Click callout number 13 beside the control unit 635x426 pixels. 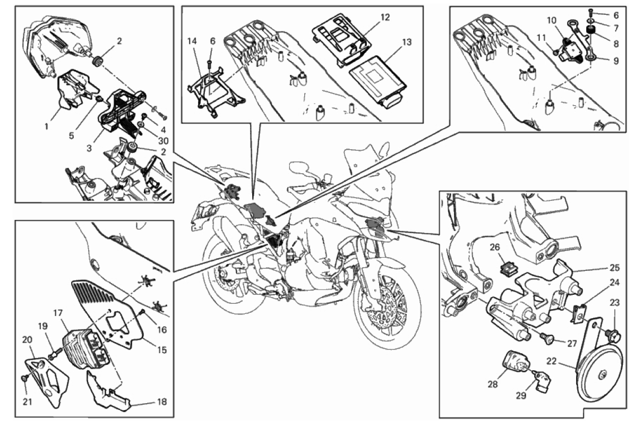pyautogui.click(x=407, y=41)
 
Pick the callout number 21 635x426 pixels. pyautogui.click(x=28, y=402)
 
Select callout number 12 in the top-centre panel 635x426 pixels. pyautogui.click(x=385, y=17)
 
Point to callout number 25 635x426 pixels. pyautogui.click(x=614, y=267)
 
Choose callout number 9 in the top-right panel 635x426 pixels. pyautogui.click(x=615, y=61)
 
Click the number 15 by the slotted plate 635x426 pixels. pyautogui.click(x=162, y=350)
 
